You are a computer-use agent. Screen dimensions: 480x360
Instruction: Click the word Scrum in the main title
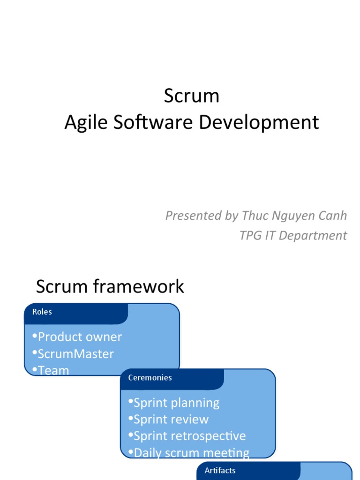[191, 96]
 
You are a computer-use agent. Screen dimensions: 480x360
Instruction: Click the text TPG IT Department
[293, 235]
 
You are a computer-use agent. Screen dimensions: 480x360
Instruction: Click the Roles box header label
[42, 312]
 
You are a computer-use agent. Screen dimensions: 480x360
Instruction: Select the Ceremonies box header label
[150, 377]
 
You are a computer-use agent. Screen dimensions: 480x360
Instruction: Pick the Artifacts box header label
[220, 470]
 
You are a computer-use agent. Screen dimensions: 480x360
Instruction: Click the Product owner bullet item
[80, 337]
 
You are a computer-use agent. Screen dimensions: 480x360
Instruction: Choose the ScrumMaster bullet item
[75, 353]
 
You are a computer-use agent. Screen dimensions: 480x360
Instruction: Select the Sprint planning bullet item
[176, 403]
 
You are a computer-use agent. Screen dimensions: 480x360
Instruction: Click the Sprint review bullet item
[171, 419]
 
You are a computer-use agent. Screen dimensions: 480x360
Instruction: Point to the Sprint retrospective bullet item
[189, 436]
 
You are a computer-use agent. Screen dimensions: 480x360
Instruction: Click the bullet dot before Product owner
[35, 336]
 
